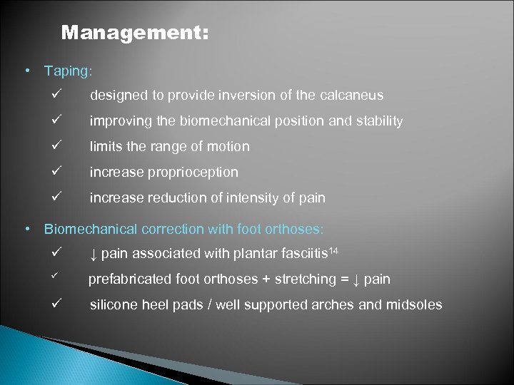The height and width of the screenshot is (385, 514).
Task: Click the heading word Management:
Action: pos(135,34)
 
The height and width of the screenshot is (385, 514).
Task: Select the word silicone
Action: pos(114,304)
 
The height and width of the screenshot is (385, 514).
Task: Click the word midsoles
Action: pos(414,304)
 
